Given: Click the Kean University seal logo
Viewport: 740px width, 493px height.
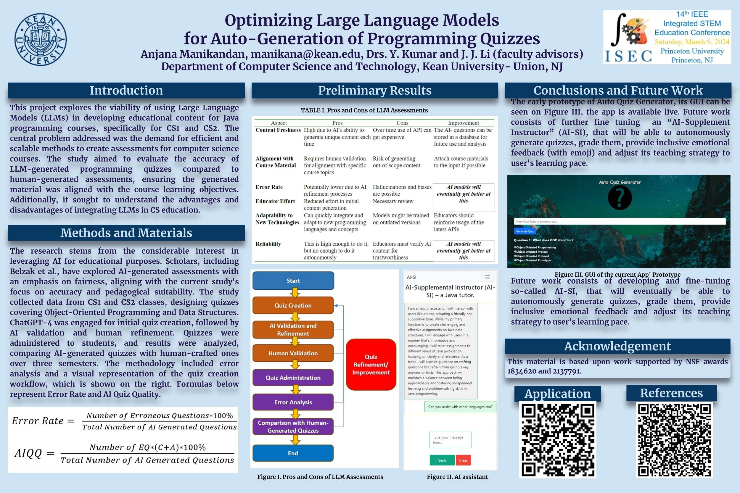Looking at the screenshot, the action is (x=41, y=39).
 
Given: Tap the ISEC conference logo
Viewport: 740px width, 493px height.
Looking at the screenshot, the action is (x=629, y=37).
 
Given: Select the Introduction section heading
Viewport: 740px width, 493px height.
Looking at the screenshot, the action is (x=126, y=91).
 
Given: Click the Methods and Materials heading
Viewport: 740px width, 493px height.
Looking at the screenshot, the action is (x=126, y=233).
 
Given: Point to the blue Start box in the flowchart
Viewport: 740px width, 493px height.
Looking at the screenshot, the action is (x=293, y=281).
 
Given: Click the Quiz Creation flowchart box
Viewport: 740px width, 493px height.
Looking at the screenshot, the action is (x=293, y=305).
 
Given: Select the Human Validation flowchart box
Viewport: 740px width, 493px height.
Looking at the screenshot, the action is (x=293, y=353).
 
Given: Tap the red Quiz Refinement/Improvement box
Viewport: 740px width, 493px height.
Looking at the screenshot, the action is (x=371, y=364).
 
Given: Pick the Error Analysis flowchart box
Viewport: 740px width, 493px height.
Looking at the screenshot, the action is (x=293, y=402).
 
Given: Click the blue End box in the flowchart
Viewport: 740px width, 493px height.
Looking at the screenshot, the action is (x=293, y=453).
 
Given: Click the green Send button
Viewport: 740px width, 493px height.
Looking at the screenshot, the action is (x=442, y=460).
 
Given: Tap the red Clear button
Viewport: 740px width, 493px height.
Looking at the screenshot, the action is (x=463, y=460).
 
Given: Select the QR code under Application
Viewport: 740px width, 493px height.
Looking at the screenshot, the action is (x=558, y=439).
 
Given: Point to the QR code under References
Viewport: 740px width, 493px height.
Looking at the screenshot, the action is (x=674, y=439).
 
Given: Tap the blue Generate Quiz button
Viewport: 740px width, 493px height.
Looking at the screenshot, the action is (x=525, y=231).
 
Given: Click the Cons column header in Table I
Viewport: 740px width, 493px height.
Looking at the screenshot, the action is (x=402, y=123).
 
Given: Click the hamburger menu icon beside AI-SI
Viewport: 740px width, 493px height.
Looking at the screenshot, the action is (x=487, y=277).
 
